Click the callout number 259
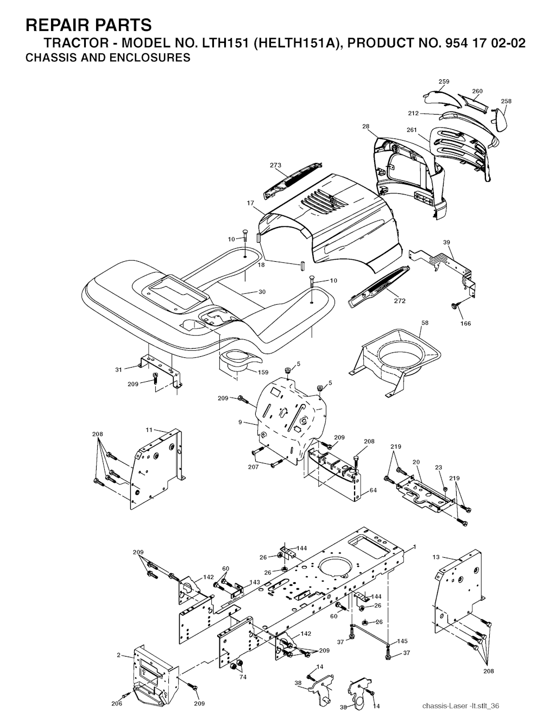(x=444, y=81)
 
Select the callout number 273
(x=276, y=165)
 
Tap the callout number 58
(x=425, y=323)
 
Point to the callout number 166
(x=466, y=323)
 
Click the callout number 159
(x=263, y=372)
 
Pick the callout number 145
(x=402, y=641)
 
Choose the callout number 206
(x=116, y=704)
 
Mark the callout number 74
(x=243, y=677)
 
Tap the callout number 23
(x=438, y=468)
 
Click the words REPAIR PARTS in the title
(x=89, y=25)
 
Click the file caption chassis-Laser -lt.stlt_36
(x=460, y=705)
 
